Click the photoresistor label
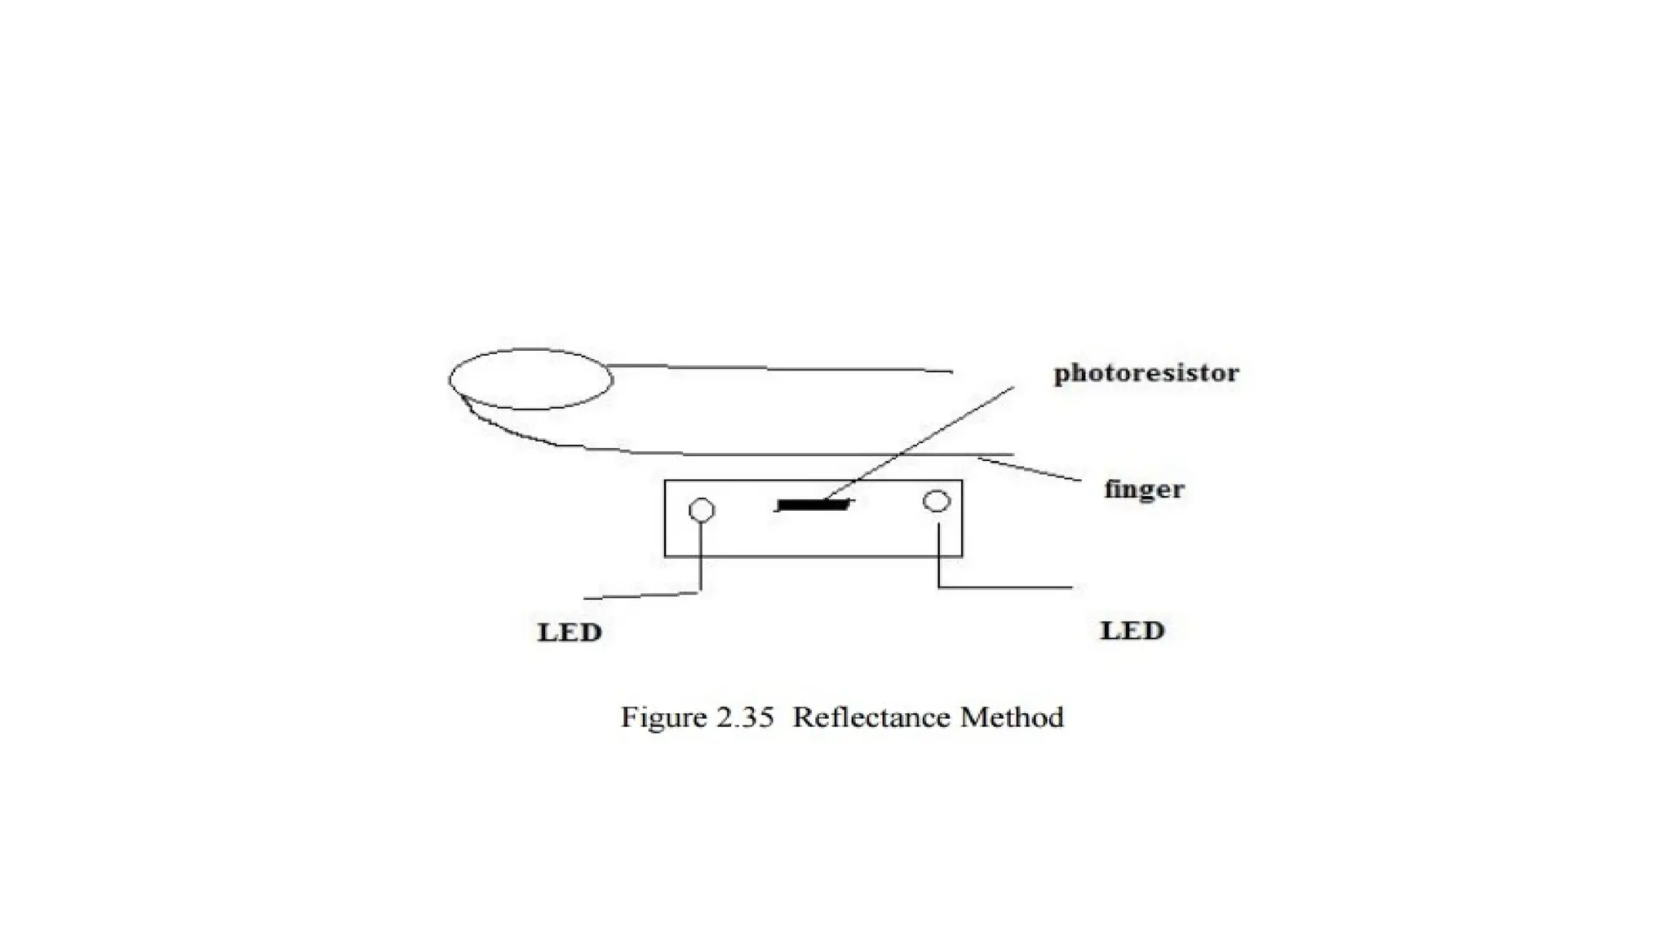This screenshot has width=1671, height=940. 1146,374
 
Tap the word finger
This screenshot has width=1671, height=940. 1143,490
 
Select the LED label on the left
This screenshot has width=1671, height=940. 570,632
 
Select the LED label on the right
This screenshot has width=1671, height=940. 1132,631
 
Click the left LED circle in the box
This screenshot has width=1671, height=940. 702,510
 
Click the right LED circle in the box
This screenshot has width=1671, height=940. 937,501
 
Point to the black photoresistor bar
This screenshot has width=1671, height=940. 813,506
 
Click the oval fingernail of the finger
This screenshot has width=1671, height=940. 530,379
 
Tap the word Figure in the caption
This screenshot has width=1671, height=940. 663,717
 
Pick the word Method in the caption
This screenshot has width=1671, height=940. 1012,717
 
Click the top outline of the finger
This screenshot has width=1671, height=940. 775,369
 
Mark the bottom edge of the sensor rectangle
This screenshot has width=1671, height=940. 813,556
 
